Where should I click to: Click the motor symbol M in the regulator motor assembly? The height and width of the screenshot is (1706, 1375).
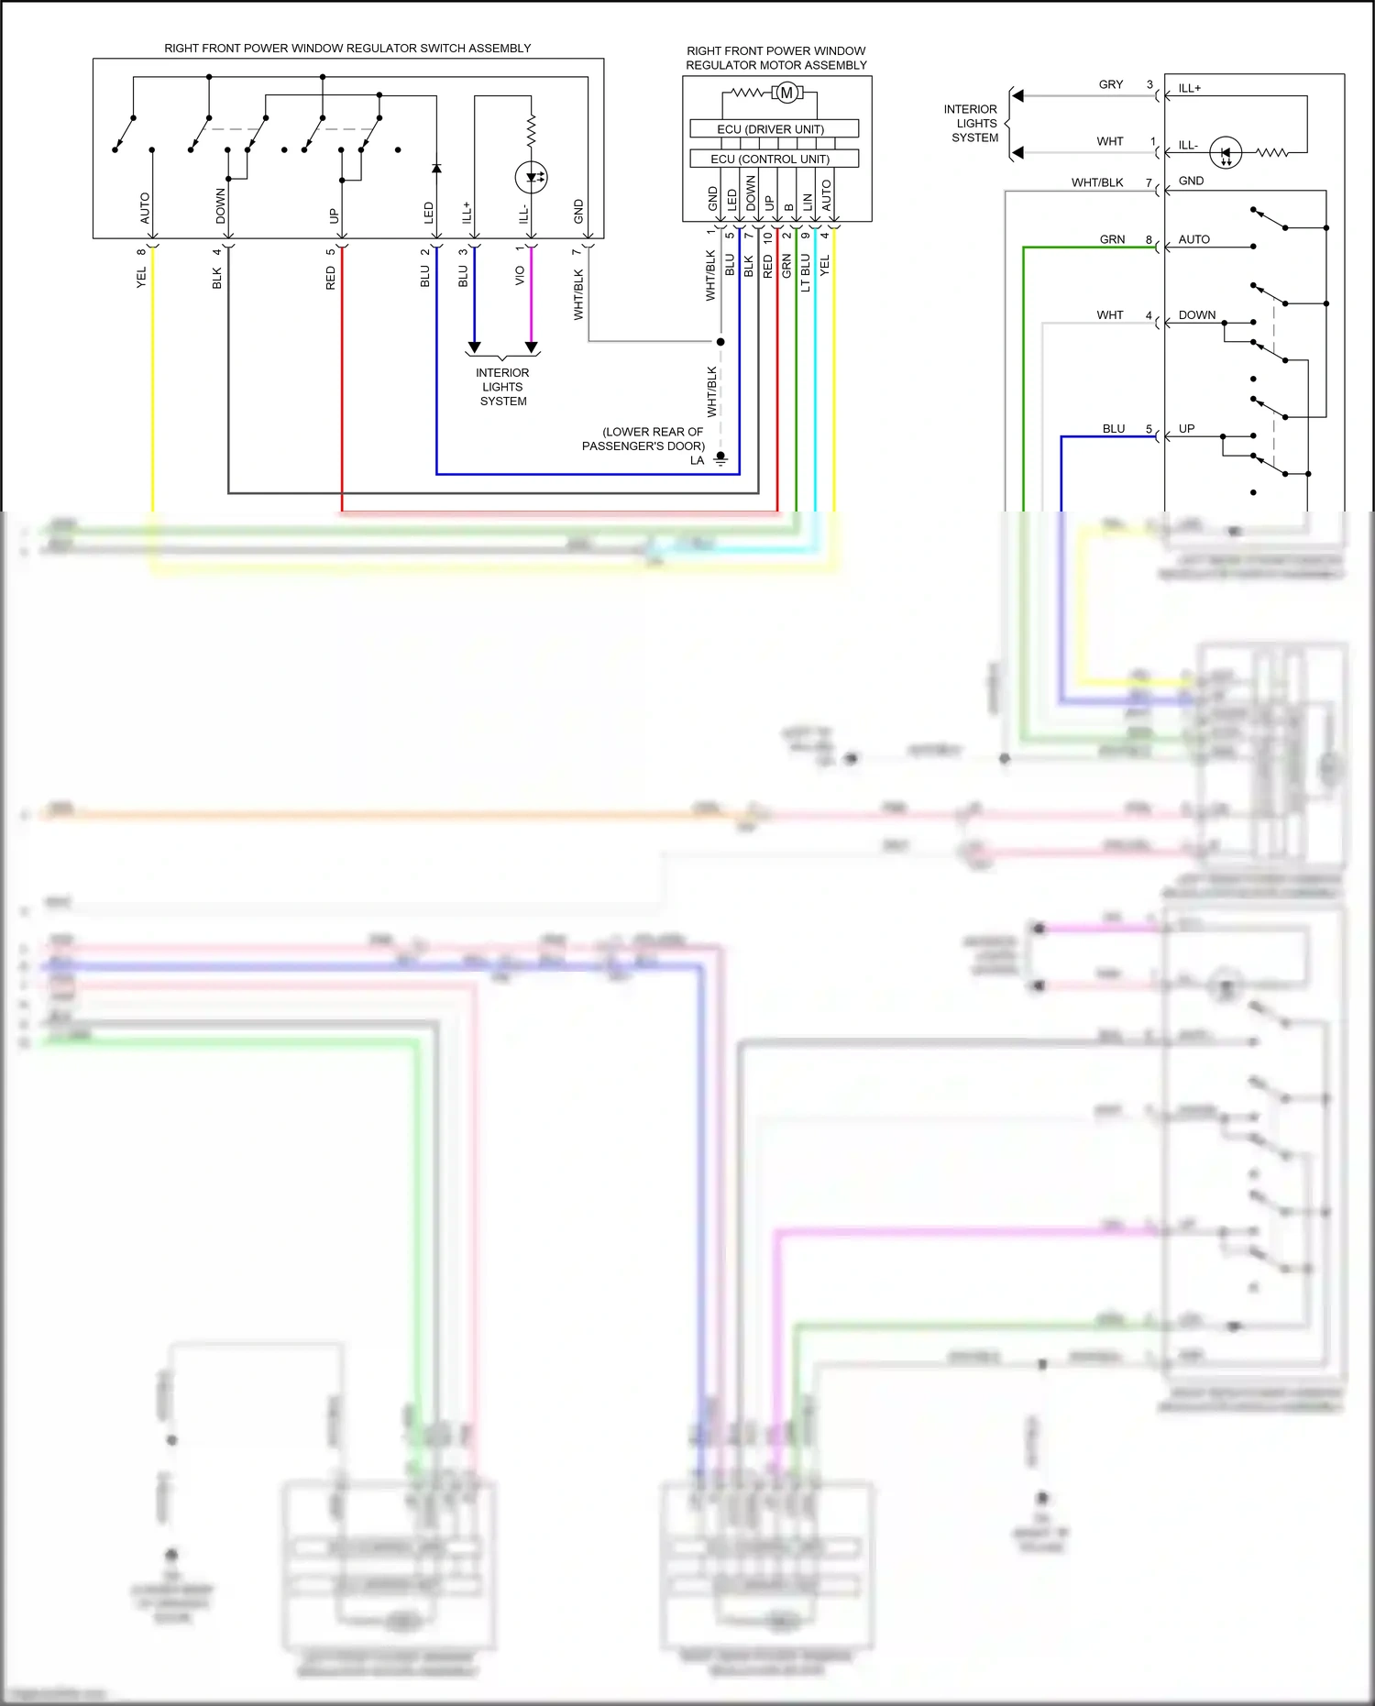point(786,93)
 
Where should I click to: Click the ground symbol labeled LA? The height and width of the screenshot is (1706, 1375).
point(720,459)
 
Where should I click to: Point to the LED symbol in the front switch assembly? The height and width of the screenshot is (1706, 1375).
point(531,176)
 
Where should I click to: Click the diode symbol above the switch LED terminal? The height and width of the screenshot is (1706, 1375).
point(436,168)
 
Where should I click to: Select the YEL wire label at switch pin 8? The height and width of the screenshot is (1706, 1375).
point(141,278)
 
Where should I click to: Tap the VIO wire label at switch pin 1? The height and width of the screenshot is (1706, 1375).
point(520,275)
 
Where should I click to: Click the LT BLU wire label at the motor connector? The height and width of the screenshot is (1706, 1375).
point(806,272)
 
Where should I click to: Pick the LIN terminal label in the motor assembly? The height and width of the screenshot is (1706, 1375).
point(808,202)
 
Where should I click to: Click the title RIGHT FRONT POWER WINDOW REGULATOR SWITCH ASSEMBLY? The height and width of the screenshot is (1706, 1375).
point(347,49)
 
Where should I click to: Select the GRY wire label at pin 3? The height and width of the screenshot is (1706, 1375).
point(1111,84)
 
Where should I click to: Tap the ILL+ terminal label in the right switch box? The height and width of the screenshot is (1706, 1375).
point(1190,89)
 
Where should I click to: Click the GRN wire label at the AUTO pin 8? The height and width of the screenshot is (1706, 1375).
point(1112,239)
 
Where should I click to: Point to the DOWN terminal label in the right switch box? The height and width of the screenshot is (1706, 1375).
point(1197,314)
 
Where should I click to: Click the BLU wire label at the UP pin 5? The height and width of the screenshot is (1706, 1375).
point(1114,428)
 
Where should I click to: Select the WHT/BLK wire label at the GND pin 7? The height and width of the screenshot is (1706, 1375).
point(1097,182)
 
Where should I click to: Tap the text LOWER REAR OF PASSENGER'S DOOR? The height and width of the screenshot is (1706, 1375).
point(644,438)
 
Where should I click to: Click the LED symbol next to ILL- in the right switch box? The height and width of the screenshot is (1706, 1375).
point(1226,152)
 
